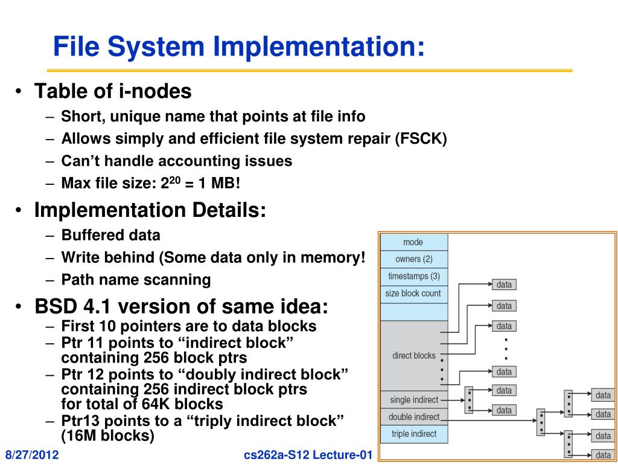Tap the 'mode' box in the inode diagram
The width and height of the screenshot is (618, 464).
pyautogui.click(x=413, y=242)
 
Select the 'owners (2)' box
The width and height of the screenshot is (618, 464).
pyautogui.click(x=413, y=259)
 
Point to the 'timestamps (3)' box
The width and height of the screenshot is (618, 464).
pyautogui.click(x=413, y=276)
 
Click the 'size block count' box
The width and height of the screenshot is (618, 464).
pyautogui.click(x=413, y=294)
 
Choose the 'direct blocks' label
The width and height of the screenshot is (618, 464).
pyautogui.click(x=413, y=355)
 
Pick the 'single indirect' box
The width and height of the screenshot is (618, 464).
pyautogui.click(x=413, y=399)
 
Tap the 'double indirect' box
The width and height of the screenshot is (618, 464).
pyautogui.click(x=413, y=416)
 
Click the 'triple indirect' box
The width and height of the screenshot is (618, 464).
pyautogui.click(x=413, y=434)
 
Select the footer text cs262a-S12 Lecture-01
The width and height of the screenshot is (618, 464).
pyautogui.click(x=306, y=454)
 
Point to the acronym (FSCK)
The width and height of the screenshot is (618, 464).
pyautogui.click(x=421, y=138)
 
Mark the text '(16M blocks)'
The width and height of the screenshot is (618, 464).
pyautogui.click(x=108, y=434)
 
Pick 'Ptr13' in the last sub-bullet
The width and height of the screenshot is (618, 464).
pyautogui.click(x=80, y=420)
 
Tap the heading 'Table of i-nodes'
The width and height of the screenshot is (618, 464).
pyautogui.click(x=113, y=92)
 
